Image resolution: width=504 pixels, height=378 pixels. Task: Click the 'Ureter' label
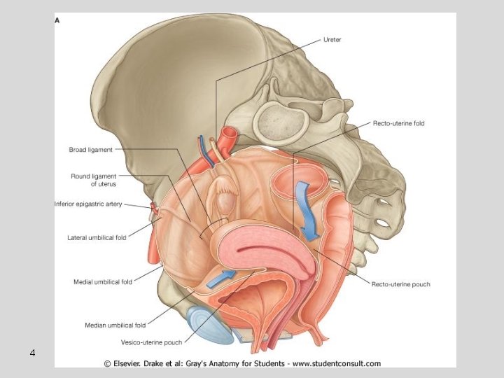332,40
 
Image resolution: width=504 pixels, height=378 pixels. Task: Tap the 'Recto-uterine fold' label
398,124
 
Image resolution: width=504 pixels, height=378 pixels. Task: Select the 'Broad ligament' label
90,149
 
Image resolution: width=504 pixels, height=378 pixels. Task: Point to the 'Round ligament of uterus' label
93,180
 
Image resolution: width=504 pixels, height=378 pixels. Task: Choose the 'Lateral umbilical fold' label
97,238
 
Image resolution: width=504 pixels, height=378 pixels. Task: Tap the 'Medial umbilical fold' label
103,282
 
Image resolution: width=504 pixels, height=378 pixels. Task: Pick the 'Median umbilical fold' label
115,325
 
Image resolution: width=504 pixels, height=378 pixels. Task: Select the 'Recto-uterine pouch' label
400,284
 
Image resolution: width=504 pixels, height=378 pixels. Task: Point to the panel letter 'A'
57,20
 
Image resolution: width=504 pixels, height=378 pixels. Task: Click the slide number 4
32,352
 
